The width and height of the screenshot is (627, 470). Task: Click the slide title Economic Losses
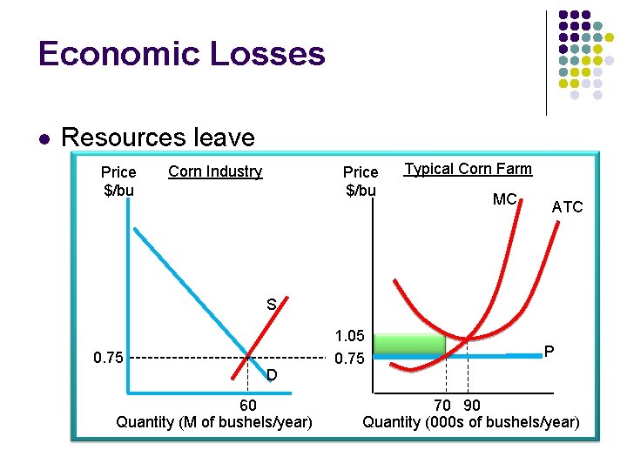coord(181,54)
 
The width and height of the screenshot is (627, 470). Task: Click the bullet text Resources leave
coord(158,138)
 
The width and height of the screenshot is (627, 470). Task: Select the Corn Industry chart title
coord(215,171)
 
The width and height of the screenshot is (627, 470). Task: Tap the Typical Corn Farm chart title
coord(469,169)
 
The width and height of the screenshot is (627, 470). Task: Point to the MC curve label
coord(504,199)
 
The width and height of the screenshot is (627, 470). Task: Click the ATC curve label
coord(567,207)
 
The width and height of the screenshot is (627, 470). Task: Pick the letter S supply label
coord(272,305)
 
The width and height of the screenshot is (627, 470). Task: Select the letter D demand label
coord(272,375)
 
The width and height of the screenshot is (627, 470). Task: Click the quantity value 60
coord(247,405)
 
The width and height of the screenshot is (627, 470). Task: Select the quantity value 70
coord(442,405)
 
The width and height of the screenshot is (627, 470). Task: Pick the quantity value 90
coord(471,405)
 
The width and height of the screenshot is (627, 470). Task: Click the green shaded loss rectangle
coord(408,343)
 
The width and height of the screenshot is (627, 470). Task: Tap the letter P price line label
coord(549,352)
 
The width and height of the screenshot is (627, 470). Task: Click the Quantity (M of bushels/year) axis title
coord(214,422)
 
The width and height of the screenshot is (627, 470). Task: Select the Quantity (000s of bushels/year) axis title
coord(470,422)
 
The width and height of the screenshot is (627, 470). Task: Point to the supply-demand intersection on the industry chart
coord(249,357)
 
